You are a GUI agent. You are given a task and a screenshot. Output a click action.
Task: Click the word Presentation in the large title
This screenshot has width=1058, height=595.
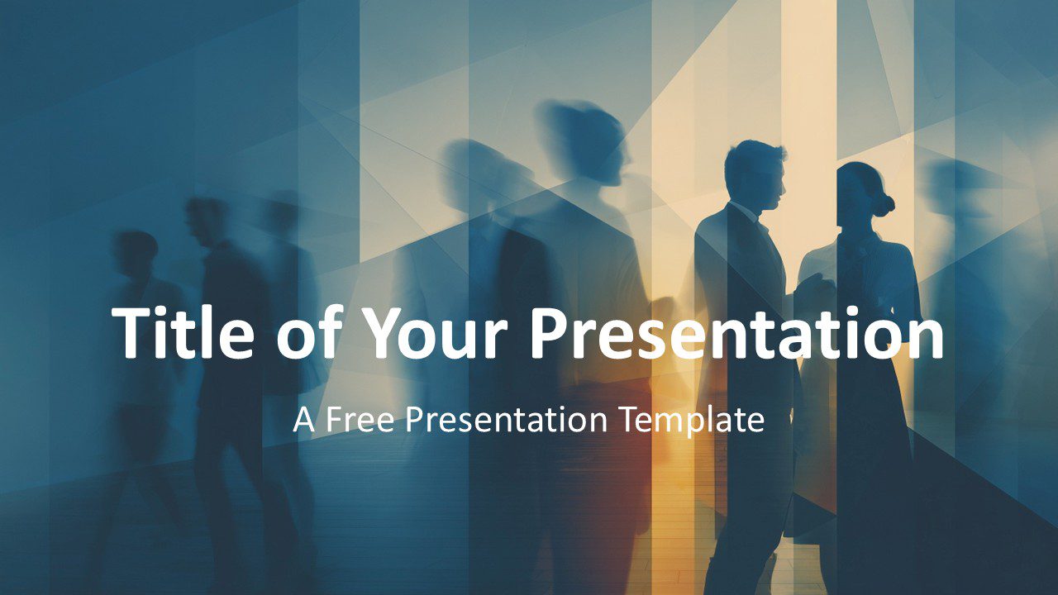(736, 333)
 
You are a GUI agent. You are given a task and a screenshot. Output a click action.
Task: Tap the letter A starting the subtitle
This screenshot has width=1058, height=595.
(303, 420)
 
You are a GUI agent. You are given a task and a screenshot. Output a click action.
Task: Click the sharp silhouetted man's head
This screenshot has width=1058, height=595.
(754, 175)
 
